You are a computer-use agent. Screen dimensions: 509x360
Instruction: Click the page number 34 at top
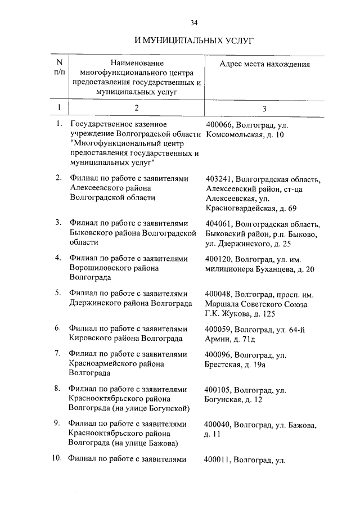194,23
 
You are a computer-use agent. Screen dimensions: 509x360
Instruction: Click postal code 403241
219,179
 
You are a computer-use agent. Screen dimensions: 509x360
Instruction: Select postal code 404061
219,224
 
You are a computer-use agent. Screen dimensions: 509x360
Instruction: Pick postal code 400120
219,259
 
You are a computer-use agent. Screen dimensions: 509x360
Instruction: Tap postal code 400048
219,294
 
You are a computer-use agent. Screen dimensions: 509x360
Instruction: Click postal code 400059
219,329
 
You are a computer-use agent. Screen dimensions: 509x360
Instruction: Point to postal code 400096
219,355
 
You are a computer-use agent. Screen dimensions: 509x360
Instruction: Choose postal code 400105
219,390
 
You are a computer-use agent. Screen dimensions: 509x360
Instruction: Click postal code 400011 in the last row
219,460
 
